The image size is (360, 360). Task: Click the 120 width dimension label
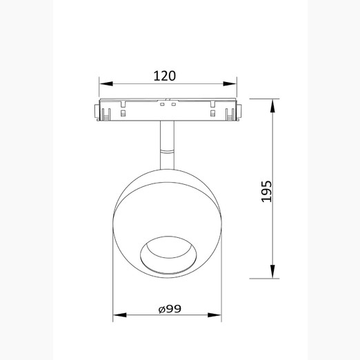coord(164,76)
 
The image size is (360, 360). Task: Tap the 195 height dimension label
coord(266,192)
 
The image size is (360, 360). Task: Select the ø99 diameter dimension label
coord(170,309)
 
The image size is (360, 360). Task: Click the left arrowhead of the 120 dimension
coord(106,83)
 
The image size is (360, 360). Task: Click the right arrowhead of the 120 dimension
coord(230,83)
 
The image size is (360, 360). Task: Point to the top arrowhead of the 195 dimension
coord(272,106)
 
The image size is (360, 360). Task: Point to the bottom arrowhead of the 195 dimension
coord(272,272)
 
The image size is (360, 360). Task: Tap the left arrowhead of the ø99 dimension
coord(120,315)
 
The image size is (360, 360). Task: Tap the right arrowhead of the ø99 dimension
coord(214,315)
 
